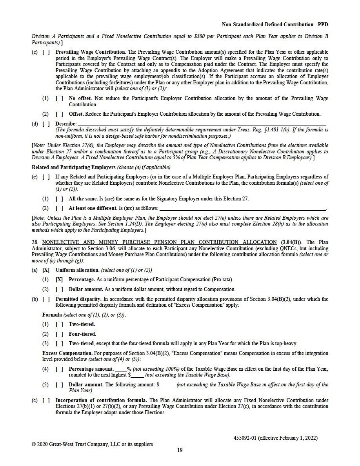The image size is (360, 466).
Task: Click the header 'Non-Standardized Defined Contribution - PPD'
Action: pos(275,25)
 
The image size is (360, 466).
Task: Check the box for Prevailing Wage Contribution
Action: pos(46,52)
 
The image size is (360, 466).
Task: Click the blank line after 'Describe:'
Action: pos(202,124)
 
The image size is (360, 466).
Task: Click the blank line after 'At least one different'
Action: pos(243,208)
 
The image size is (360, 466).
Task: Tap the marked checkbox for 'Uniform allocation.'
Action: pos(46,270)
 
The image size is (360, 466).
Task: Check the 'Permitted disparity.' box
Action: pos(46,299)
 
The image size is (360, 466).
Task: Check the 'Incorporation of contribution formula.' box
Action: pos(46,400)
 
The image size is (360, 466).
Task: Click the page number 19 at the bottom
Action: pos(180,450)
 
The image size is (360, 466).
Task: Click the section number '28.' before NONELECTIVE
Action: pos(35,242)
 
